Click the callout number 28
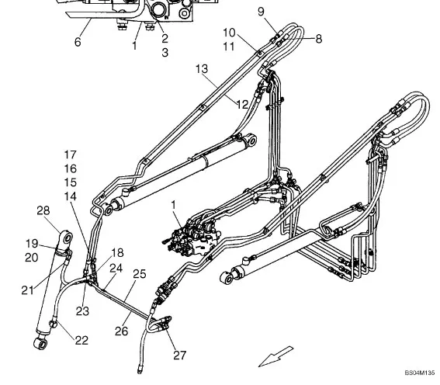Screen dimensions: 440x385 [x=43, y=210]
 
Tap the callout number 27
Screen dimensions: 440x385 [x=179, y=355]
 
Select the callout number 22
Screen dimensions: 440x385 [x=81, y=341]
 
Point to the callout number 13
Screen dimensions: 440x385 [x=202, y=68]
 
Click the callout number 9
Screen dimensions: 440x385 [x=261, y=12]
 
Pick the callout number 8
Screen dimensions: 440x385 [x=319, y=39]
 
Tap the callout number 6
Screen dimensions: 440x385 [x=78, y=42]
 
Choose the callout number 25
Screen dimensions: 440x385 [x=140, y=274]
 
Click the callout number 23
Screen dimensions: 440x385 [x=82, y=311]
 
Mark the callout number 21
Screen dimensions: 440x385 [x=28, y=290]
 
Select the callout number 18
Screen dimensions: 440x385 [x=118, y=252]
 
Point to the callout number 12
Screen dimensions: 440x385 [x=242, y=104]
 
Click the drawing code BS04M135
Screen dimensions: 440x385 [x=420, y=373]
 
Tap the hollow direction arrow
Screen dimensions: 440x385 [x=275, y=356]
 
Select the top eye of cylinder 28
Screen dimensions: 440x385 [x=68, y=238]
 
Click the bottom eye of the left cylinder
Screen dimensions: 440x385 [x=41, y=344]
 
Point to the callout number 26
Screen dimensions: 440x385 [x=122, y=331]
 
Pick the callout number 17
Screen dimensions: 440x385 [x=70, y=154]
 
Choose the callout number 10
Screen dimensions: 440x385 [x=229, y=33]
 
